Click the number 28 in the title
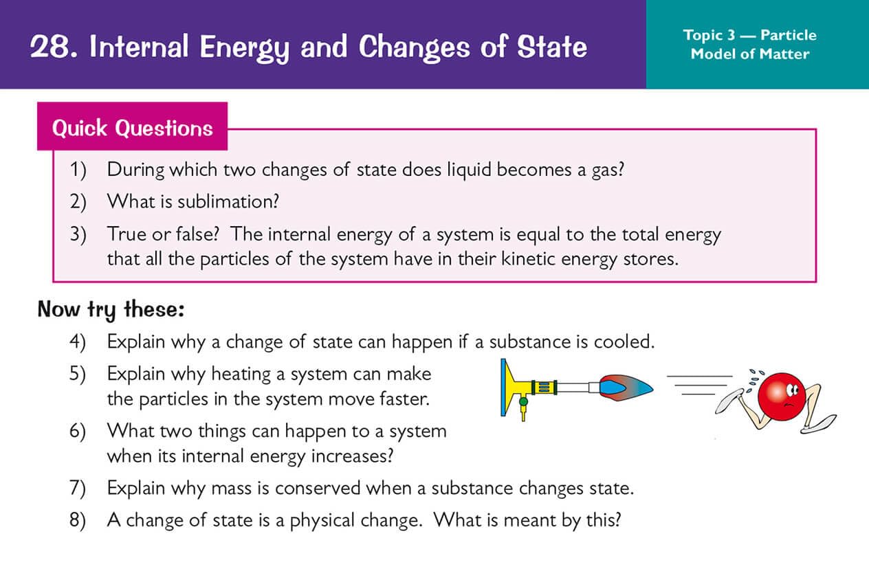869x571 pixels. click(x=50, y=47)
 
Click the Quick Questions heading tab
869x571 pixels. click(x=132, y=126)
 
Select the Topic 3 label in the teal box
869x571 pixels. click(x=709, y=36)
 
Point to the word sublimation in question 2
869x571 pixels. click(x=228, y=201)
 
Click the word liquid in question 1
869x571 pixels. click(x=469, y=170)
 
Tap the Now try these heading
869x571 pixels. click(x=111, y=310)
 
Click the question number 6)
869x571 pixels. click(x=78, y=432)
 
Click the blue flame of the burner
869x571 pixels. click(x=626, y=388)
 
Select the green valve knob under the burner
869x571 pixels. click(x=523, y=401)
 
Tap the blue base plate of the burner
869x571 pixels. click(x=503, y=388)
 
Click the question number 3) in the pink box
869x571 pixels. click(x=78, y=235)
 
